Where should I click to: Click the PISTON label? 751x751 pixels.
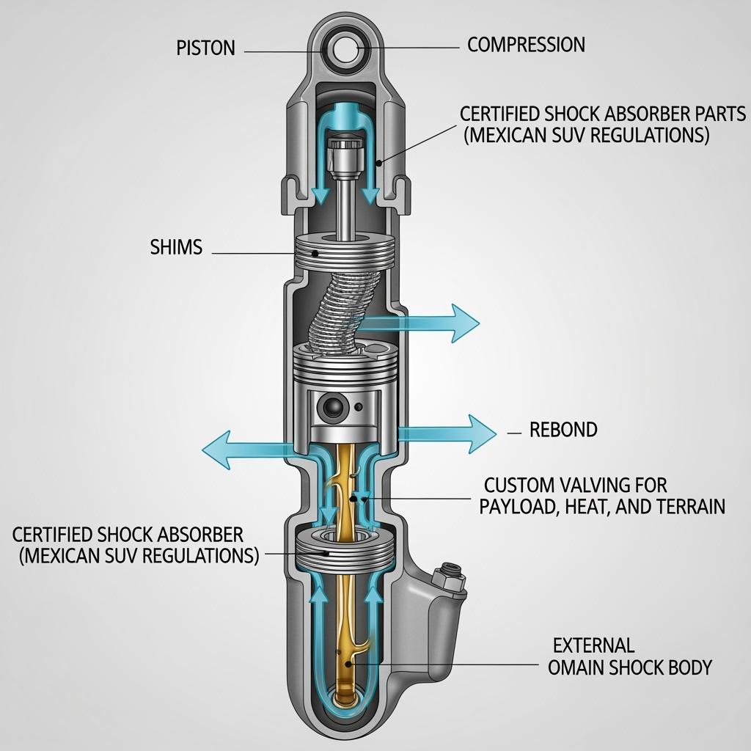coord(205,48)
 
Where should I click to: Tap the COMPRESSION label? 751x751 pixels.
coord(526,45)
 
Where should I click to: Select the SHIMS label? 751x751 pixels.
coord(175,247)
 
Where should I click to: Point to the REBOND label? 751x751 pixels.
coord(563,430)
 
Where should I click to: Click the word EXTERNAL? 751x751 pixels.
coord(593,646)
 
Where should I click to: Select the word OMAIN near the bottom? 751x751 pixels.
coord(576,667)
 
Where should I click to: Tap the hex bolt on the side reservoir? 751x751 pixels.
coord(448,579)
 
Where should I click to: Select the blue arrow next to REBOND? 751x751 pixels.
coord(447,433)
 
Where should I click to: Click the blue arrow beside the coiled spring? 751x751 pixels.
coord(425,321)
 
